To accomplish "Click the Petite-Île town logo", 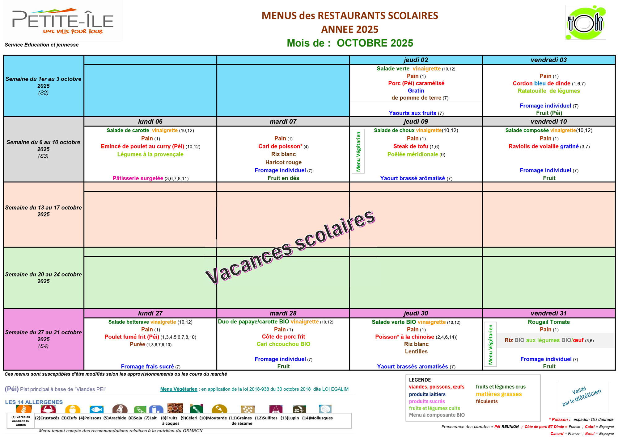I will [63, 21].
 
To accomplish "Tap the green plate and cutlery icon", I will [585, 23].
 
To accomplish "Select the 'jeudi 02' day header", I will [416, 60].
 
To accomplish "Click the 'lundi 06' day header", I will [150, 122].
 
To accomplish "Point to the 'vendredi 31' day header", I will [548, 313].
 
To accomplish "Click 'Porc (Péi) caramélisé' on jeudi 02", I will [416, 83].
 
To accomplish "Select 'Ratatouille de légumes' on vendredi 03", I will [548, 91].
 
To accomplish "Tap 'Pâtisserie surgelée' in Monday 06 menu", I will [138, 178].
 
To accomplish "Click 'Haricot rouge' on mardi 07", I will [283, 162].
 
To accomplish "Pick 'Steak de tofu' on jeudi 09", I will [411, 147].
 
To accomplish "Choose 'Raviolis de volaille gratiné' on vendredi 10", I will [544, 147].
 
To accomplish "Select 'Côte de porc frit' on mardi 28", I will [283, 337].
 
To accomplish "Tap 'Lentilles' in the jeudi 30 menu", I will [416, 352].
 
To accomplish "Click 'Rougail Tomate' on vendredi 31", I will [548, 322].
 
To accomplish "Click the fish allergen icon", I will [96, 410].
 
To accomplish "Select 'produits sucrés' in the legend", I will [427, 402].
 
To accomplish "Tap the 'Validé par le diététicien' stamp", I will [582, 397].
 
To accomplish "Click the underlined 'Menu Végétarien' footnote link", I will [179, 389].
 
